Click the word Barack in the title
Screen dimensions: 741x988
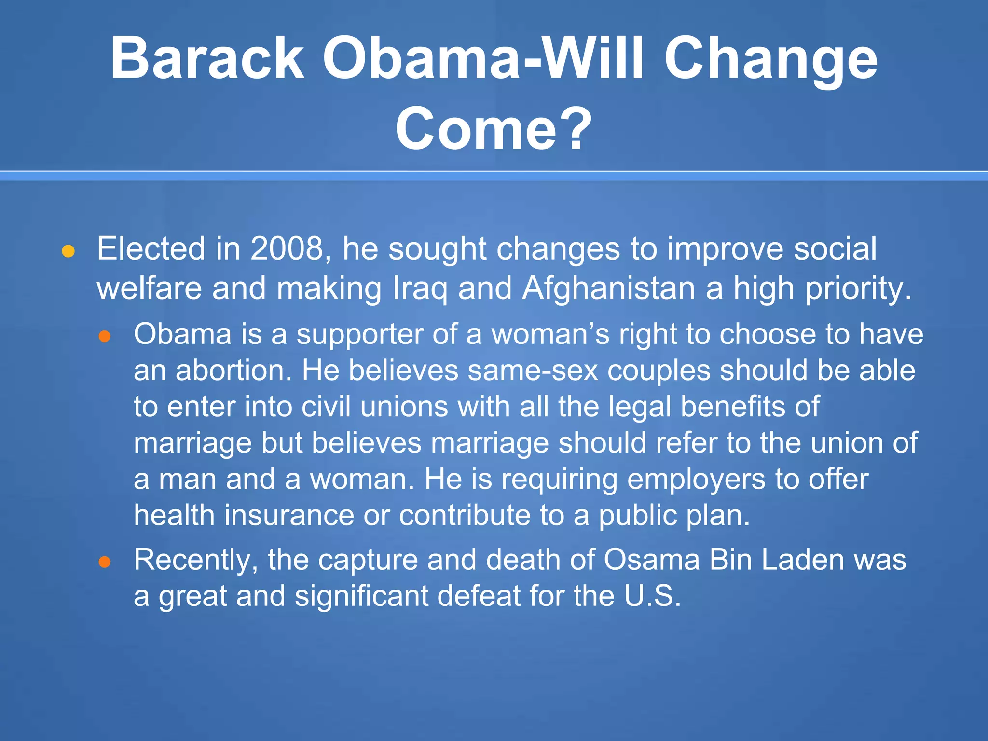pos(207,59)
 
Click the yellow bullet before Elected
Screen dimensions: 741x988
pos(68,251)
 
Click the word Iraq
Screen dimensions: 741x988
pos(420,289)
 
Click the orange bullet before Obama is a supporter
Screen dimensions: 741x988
pos(105,336)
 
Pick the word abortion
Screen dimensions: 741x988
pos(233,370)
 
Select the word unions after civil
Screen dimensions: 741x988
pos(404,407)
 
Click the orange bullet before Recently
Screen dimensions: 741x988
pos(105,562)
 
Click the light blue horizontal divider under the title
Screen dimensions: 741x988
pos(494,177)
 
